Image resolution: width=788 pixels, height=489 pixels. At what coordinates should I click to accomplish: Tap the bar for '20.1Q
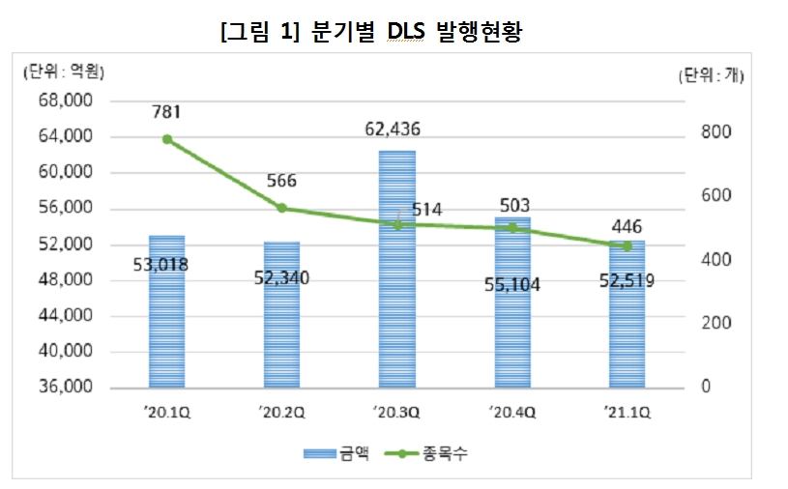[x=166, y=309]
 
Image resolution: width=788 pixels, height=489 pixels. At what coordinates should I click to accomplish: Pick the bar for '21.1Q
[x=627, y=314]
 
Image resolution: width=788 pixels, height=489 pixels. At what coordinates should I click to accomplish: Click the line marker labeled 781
[x=167, y=139]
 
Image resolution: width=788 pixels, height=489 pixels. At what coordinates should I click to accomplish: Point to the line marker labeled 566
[x=282, y=208]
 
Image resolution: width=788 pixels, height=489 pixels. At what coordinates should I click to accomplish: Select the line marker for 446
[x=627, y=246]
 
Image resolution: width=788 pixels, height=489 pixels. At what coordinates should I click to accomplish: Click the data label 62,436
[x=397, y=128]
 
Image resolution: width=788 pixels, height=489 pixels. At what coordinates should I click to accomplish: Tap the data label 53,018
[x=166, y=264]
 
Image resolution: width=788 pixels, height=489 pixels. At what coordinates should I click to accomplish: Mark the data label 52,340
[x=282, y=280]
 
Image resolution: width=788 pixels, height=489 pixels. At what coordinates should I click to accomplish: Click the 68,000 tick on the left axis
[x=65, y=101]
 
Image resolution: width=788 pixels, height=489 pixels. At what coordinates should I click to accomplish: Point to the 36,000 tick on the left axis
[x=65, y=388]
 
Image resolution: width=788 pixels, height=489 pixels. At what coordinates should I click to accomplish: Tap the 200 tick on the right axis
[x=714, y=324]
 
